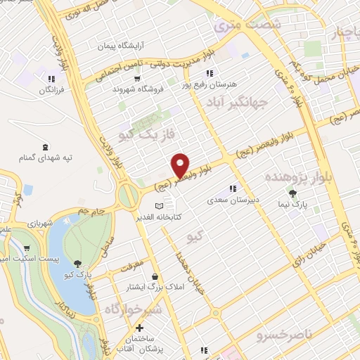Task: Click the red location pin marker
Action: click(x=181, y=165)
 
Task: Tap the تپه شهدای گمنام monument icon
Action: click(x=46, y=147)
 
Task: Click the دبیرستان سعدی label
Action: click(x=233, y=200)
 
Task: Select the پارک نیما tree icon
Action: click(x=292, y=193)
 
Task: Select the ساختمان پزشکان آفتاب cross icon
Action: click(x=139, y=328)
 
